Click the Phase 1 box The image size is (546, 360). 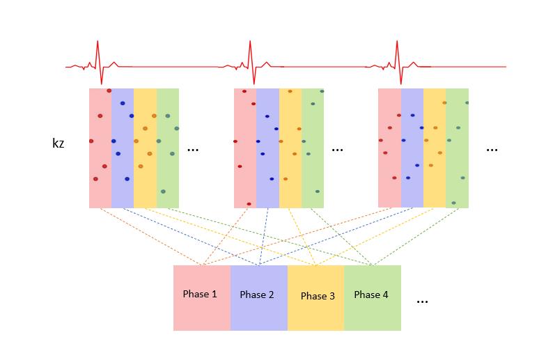201,297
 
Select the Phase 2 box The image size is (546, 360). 258,297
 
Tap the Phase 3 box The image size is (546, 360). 316,297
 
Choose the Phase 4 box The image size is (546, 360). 373,297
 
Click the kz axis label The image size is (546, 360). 58,144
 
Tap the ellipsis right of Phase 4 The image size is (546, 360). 422,301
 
